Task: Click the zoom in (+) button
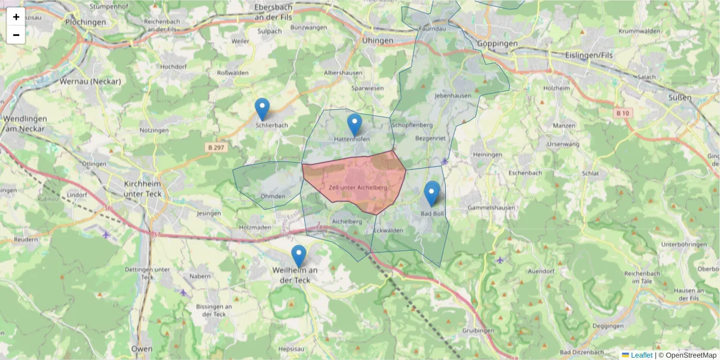[16, 17]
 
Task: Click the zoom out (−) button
[16, 35]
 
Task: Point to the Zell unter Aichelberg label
[358, 188]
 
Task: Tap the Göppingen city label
[497, 44]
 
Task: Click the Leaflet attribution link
[641, 355]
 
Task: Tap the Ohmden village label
[273, 196]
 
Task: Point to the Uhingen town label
[377, 40]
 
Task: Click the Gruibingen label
[478, 331]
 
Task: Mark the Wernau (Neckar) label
[90, 81]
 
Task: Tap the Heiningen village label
[487, 154]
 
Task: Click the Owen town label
[142, 349]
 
